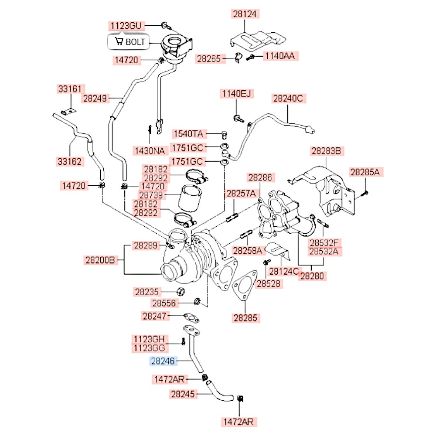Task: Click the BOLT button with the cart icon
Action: (x=128, y=42)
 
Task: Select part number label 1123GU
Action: (x=125, y=26)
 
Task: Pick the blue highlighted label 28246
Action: (x=163, y=361)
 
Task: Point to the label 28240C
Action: (x=287, y=99)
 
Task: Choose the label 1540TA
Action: (x=188, y=133)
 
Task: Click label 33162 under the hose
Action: (x=70, y=161)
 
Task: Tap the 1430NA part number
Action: (x=150, y=151)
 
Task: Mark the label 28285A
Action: (x=365, y=173)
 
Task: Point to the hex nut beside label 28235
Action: (x=181, y=292)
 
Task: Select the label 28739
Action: (x=150, y=195)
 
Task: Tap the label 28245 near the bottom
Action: (x=183, y=394)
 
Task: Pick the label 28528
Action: (x=269, y=284)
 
